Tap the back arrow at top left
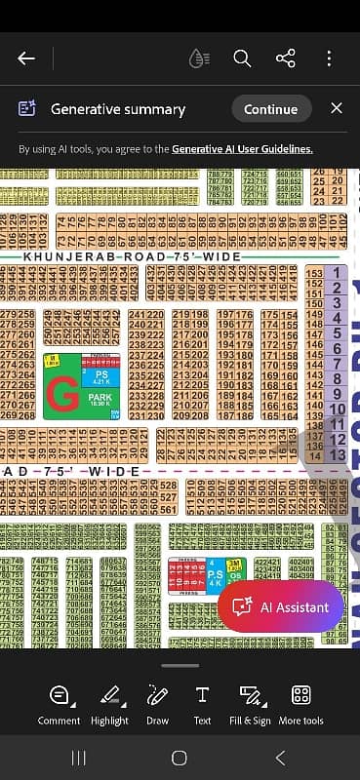click(26, 58)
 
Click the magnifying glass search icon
click(243, 58)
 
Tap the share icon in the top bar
click(286, 58)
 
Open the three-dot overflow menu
click(330, 58)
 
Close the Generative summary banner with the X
click(337, 108)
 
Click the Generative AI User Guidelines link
click(242, 149)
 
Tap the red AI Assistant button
click(280, 606)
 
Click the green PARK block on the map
click(100, 399)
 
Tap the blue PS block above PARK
click(99, 376)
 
